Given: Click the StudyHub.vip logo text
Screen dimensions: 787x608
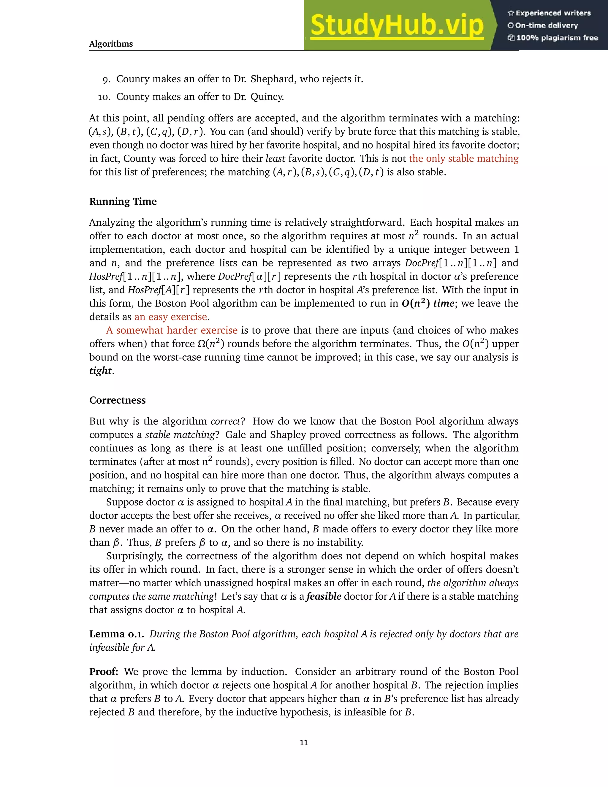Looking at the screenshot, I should [397, 25].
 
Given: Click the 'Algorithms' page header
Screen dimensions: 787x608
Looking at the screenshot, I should [111, 44].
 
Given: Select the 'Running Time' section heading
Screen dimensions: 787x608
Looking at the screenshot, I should [123, 201].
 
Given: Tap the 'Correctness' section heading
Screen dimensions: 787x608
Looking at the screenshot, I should [118, 400].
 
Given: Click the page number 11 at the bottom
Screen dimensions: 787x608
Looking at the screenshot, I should [304, 742].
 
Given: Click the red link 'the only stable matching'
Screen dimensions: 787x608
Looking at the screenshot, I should [463, 159].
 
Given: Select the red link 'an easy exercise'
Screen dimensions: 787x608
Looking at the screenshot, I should [171, 317].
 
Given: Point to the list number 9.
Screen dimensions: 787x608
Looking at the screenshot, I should [106, 80].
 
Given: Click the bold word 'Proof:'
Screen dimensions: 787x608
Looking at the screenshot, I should [104, 672].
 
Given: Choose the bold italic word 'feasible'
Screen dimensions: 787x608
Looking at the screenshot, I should [324, 596].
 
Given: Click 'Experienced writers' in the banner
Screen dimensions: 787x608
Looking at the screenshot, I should [553, 13].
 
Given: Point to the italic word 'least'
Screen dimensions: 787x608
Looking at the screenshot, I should [275, 159].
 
